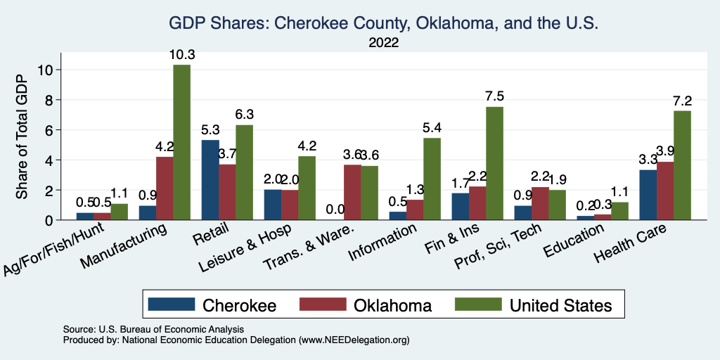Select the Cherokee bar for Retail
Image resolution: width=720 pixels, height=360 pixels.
click(x=210, y=180)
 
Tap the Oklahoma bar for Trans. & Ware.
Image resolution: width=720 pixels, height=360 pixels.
click(x=352, y=192)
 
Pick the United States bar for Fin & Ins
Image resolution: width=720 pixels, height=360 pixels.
click(x=494, y=163)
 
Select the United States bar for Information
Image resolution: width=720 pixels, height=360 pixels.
click(x=432, y=179)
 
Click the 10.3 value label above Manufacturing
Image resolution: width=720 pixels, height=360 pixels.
click(x=181, y=54)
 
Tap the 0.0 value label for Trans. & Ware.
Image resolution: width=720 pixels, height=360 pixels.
click(x=335, y=209)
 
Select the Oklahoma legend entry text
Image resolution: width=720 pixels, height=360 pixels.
click(x=392, y=305)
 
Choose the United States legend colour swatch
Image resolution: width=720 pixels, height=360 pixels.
click(x=477, y=304)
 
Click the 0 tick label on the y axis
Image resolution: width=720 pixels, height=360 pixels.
click(x=49, y=220)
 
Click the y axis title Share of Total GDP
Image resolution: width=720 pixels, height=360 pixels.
click(x=22, y=138)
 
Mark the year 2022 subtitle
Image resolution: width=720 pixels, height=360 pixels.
click(x=383, y=43)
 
